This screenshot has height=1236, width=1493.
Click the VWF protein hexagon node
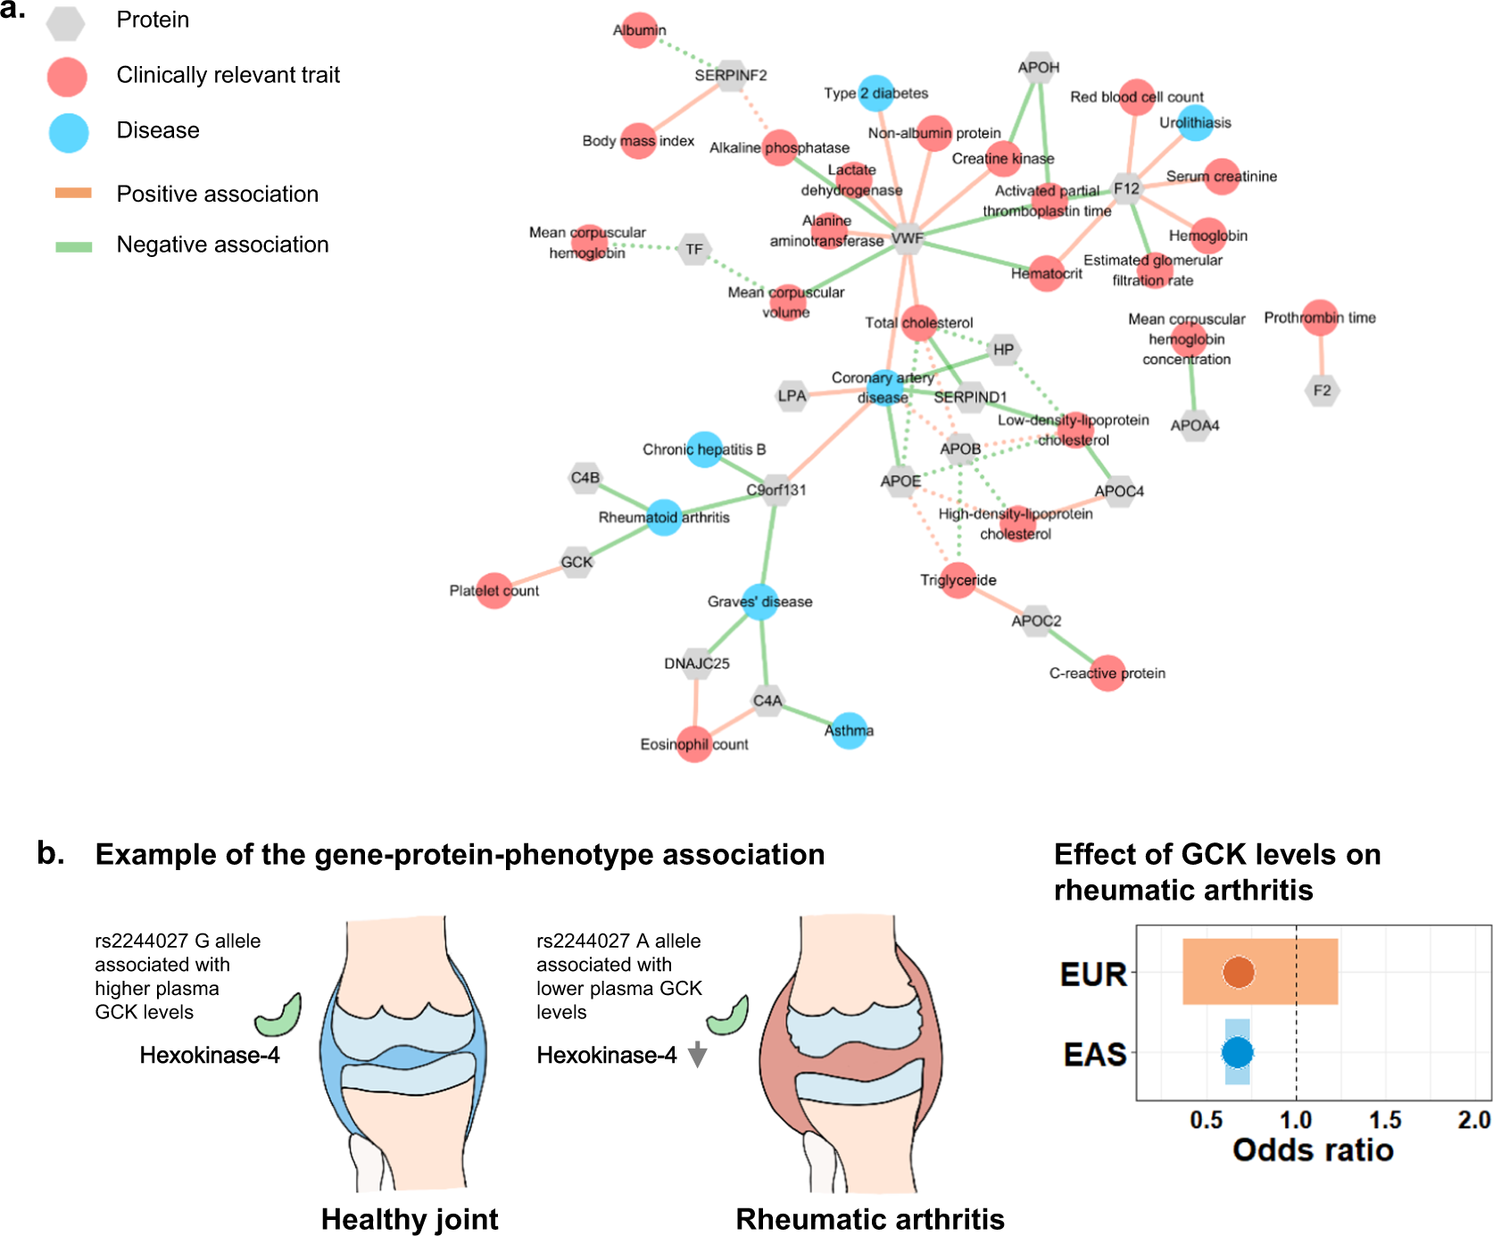pos(908,238)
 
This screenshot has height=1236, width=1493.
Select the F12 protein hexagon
pos(1127,188)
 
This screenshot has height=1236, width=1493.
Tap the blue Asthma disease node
pos(849,731)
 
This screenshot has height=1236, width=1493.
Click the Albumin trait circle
pos(639,30)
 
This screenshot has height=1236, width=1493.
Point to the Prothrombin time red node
pos(1320,318)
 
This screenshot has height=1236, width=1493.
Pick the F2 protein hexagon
pos(1322,390)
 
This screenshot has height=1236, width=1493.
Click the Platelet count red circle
pos(494,591)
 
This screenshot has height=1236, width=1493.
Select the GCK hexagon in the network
pos(576,562)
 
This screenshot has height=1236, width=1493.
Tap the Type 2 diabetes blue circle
pos(876,93)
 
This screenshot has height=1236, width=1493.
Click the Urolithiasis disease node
pos(1195,122)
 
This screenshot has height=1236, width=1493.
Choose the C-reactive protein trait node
pos(1107,673)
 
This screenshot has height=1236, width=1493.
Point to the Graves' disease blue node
pos(760,601)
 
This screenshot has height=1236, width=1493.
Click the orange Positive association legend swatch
pos(73,193)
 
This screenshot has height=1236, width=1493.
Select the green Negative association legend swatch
pos(73,245)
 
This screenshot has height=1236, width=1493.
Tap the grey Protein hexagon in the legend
pos(66,22)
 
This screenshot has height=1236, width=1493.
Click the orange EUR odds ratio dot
pos(1239,972)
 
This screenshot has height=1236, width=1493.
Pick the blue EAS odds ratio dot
pos(1237,1052)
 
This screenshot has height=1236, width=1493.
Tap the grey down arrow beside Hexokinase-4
pos(698,1055)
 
